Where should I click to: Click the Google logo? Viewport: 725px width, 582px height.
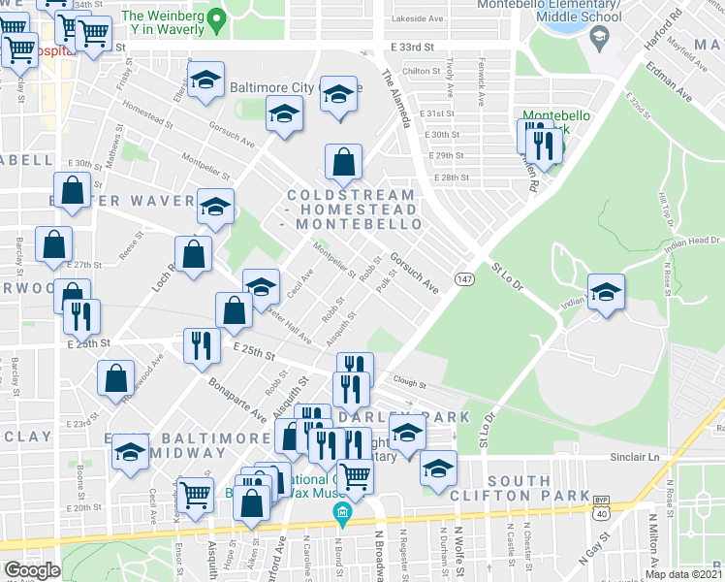tap(32, 570)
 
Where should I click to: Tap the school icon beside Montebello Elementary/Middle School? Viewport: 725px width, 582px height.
tap(598, 39)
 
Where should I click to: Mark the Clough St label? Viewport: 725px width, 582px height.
tap(410, 382)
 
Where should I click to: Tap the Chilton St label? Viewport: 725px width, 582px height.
tap(422, 71)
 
